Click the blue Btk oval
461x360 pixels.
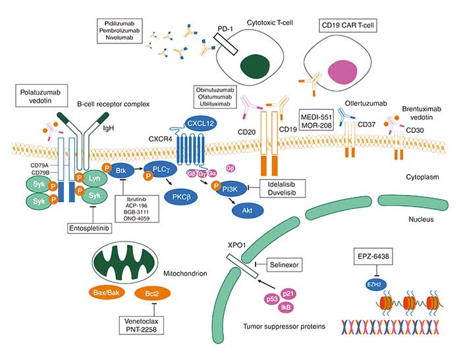(120, 170)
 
